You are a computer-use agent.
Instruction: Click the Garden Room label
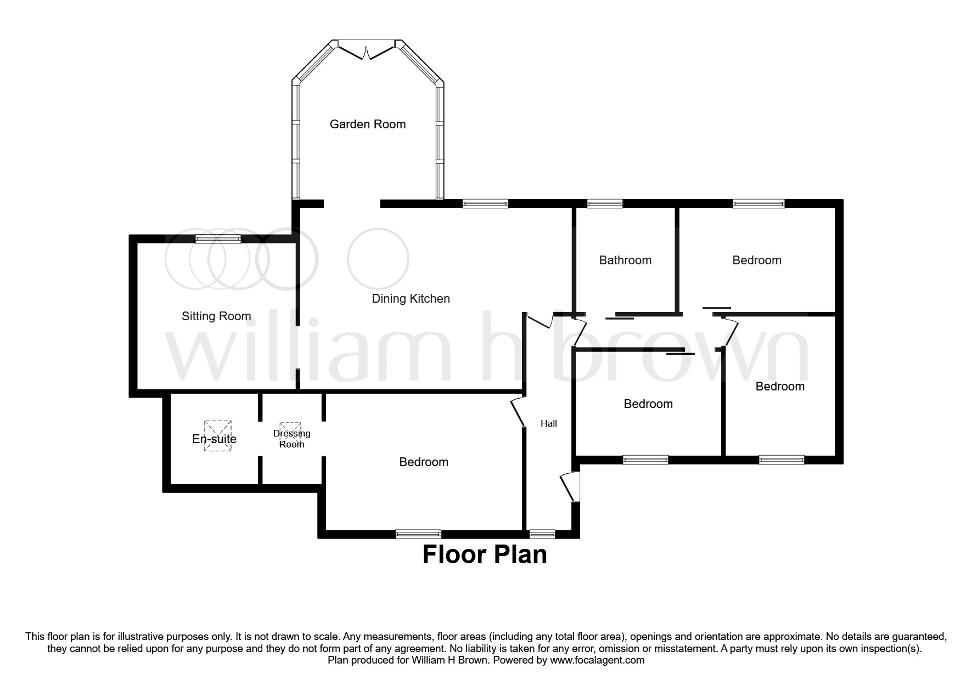(367, 124)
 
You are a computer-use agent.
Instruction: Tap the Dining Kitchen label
(411, 299)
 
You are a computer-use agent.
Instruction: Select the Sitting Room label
(216, 316)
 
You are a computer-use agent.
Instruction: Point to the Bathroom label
(625, 260)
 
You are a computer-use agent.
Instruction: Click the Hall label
(548, 423)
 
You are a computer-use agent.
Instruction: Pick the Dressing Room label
(291, 439)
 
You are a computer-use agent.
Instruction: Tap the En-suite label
(214, 439)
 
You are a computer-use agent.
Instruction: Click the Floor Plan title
(485, 555)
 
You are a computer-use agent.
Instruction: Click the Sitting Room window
(218, 239)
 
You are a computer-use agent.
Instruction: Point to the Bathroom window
(605, 204)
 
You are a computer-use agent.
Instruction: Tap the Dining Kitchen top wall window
(485, 204)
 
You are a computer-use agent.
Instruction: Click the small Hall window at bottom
(542, 534)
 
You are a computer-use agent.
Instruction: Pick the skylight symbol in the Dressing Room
(290, 427)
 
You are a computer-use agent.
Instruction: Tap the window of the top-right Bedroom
(759, 204)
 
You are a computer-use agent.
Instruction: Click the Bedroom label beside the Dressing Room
(424, 462)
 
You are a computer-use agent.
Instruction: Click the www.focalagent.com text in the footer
(597, 660)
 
